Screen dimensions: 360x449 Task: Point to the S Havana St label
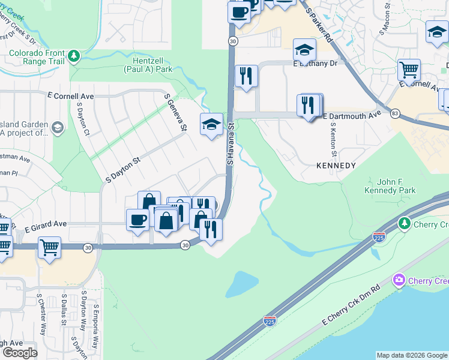(x=230, y=143)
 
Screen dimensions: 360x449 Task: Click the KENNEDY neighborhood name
(x=336, y=165)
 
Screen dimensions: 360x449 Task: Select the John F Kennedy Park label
(x=390, y=186)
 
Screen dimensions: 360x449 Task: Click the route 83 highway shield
(x=394, y=113)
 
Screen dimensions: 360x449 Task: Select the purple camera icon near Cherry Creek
(x=399, y=280)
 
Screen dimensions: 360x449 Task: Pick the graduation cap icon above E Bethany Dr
(x=304, y=49)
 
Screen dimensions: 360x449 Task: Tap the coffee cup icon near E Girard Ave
(x=137, y=219)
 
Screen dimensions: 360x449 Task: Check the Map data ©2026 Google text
(x=411, y=355)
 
